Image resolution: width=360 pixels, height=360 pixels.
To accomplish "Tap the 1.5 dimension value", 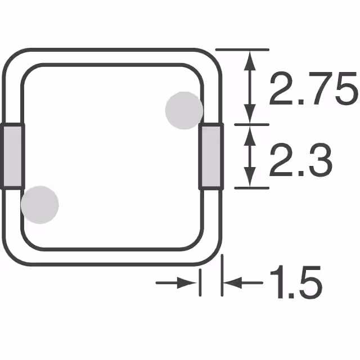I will pyautogui.click(x=295, y=283).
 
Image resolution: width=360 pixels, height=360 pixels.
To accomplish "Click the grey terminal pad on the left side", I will pyautogui.click(x=12, y=156).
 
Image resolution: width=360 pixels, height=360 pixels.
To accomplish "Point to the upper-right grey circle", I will pyautogui.click(x=184, y=110).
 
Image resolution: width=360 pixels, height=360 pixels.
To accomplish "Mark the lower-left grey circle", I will pyautogui.click(x=39, y=204).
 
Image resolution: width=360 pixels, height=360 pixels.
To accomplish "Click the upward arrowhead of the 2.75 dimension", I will pyautogui.click(x=250, y=58).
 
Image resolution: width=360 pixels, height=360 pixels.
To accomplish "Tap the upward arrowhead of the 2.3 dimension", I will pyautogui.click(x=250, y=133).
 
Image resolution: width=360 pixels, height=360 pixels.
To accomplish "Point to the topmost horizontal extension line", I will pyautogui.click(x=242, y=50).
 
